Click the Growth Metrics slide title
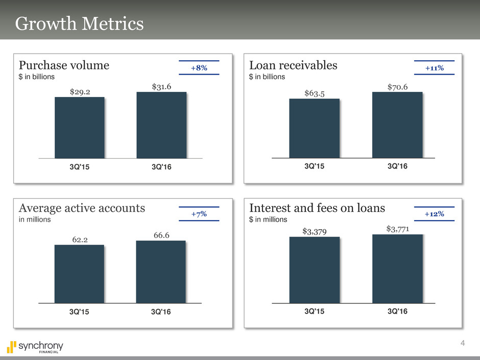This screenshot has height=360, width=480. [79, 23]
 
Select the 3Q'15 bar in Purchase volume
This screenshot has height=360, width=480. [80, 128]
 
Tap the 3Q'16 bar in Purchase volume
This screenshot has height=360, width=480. [161, 125]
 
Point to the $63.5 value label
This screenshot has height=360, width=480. [315, 93]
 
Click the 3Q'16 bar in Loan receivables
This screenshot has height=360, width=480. [397, 125]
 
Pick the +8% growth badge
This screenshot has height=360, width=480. [199, 68]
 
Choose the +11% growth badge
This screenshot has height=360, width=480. [434, 68]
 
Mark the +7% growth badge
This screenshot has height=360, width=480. [199, 214]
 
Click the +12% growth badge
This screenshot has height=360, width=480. [434, 214]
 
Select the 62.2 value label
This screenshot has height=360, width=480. [79, 238]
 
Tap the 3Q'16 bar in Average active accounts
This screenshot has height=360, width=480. [161, 272]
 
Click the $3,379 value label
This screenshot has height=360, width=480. [314, 232]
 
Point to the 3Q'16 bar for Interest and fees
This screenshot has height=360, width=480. [397, 269]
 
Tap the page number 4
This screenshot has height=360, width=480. [463, 342]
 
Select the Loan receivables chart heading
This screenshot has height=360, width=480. [293, 65]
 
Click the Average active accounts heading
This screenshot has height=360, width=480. [82, 208]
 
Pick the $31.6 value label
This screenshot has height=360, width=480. [161, 87]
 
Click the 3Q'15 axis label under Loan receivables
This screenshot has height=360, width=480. [315, 166]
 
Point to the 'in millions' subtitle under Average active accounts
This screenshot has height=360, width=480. [35, 219]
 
